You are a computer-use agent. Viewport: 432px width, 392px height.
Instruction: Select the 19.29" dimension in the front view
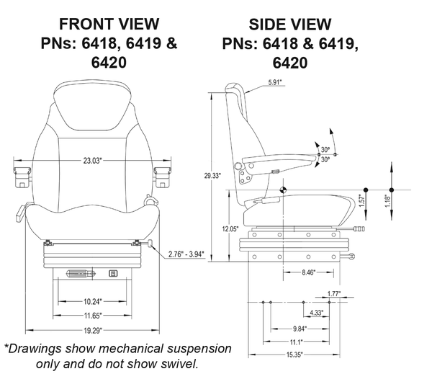point(91,330)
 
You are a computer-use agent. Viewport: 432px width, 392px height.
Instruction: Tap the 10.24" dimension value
point(91,301)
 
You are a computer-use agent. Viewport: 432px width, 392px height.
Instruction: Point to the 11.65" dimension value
point(91,316)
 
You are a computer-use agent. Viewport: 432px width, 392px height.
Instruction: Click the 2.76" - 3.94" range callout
point(186,254)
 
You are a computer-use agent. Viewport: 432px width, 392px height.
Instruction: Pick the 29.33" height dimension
point(212,175)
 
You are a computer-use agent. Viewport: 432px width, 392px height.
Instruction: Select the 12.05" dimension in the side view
point(230,229)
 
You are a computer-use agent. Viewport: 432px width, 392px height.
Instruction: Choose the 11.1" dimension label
point(296,341)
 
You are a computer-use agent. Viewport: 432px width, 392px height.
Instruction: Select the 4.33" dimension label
point(315,313)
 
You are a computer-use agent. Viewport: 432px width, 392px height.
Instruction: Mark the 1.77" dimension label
point(333,293)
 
